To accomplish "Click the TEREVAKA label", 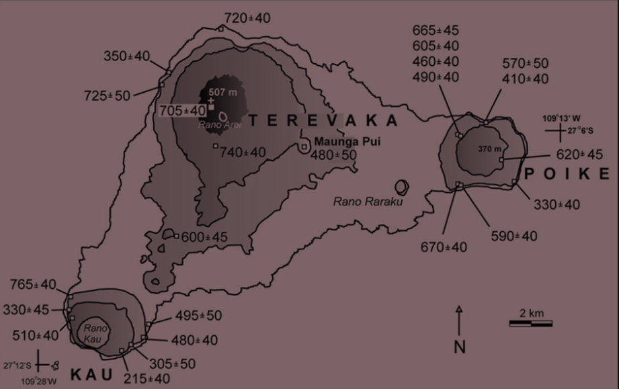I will pos(323,121).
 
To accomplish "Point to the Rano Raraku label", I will pos(367,201).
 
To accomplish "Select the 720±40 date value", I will pos(247,18).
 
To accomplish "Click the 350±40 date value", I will pos(127,56).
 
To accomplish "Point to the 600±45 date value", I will pos(204,237).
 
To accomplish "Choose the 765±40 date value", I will pos(34,285).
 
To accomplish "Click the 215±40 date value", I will pos(147,378).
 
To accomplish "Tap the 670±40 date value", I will pos(443,247).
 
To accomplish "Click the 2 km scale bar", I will pos(530,323).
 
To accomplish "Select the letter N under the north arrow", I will pos(460,347).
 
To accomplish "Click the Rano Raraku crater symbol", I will pos(403,186).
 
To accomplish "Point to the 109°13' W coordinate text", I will pos(561,118).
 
